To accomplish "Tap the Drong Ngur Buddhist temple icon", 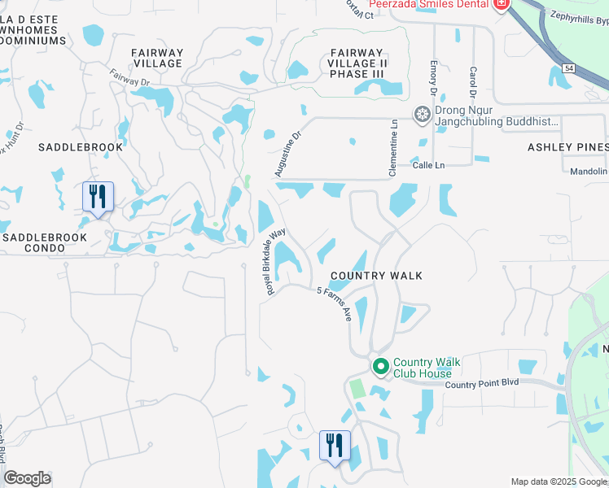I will coord(423,114).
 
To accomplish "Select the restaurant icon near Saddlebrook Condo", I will coord(97,196).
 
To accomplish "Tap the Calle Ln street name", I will coord(430,165).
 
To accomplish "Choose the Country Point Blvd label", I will coord(480,383).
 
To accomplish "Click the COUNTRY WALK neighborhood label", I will coord(376,276).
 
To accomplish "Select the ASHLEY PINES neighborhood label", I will coord(567,147).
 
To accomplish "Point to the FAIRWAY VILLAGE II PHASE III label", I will coord(355,63).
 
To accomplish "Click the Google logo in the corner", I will coord(27,479).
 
